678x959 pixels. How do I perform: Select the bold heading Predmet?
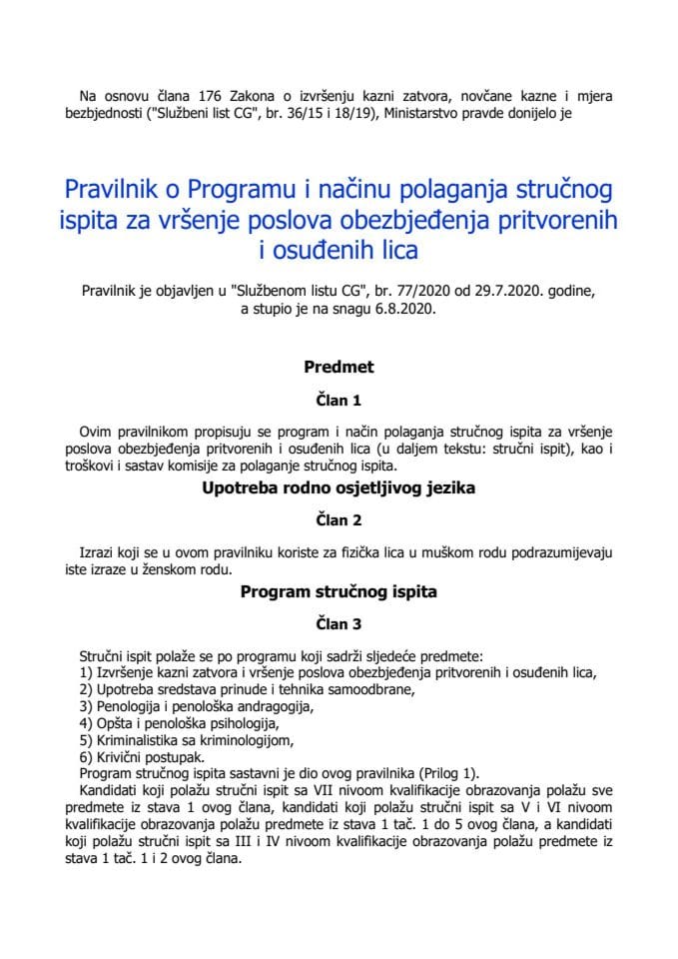coord(339,367)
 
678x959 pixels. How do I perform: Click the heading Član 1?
coord(339,401)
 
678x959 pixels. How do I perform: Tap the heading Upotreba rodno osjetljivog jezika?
coord(339,489)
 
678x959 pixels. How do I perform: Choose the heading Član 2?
coord(339,522)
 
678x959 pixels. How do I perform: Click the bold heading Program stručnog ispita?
coord(339,591)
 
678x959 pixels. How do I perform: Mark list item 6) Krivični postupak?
coord(135,757)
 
